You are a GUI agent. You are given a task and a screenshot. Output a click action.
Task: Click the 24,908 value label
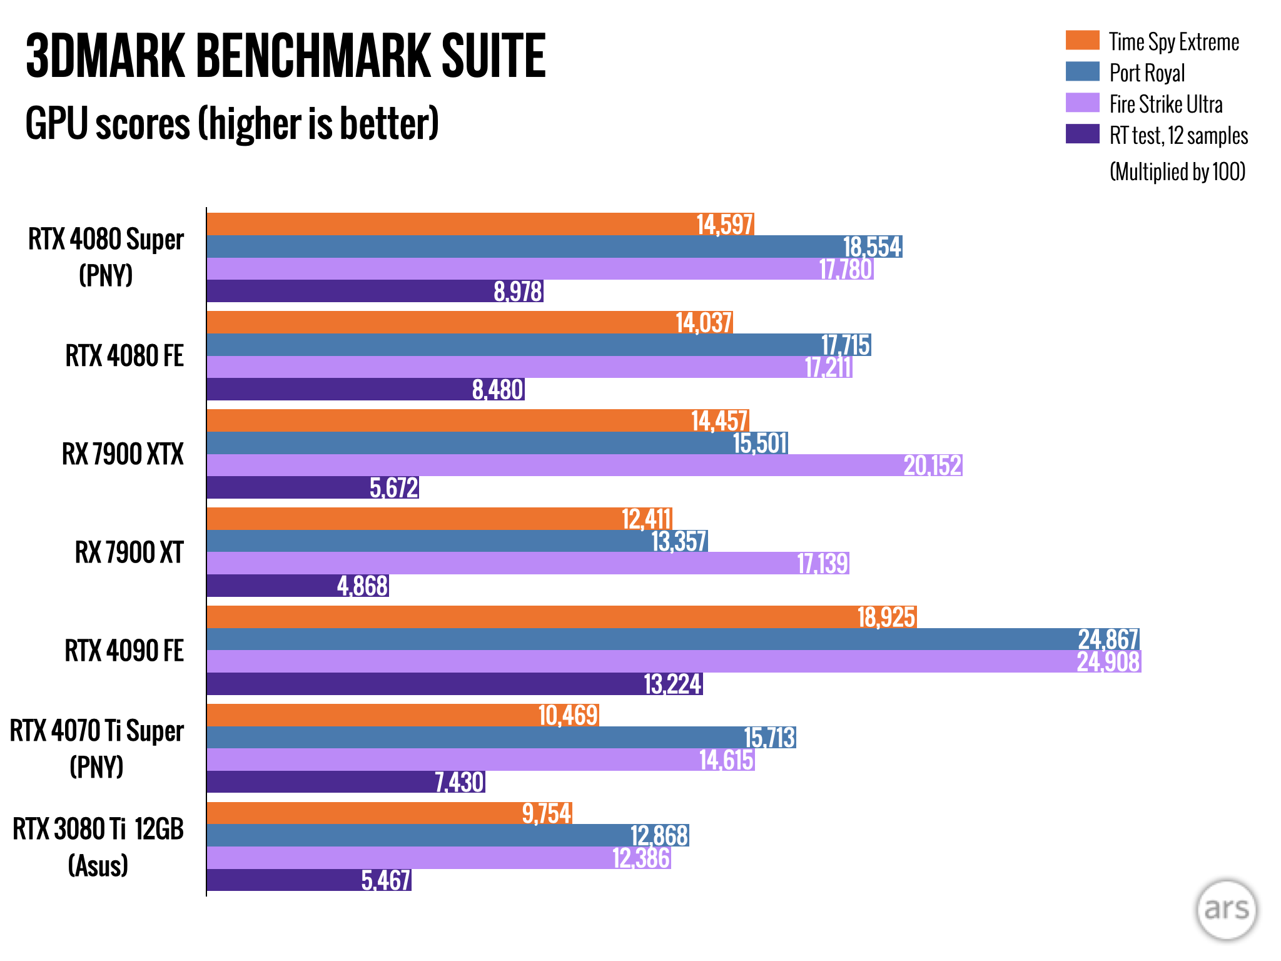[x=1108, y=662]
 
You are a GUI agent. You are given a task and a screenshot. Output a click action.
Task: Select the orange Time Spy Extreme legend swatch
[x=1082, y=41]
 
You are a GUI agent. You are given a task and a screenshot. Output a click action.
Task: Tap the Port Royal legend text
[x=1147, y=73]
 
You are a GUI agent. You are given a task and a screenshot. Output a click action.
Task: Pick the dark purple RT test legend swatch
[x=1082, y=134]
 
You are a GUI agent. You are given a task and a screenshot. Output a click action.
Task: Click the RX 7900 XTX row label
[x=123, y=454]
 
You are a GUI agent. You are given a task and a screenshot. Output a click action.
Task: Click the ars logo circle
[x=1226, y=910]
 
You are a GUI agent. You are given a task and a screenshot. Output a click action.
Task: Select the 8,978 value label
[x=517, y=292]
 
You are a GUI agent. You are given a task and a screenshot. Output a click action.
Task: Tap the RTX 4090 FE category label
[x=124, y=651]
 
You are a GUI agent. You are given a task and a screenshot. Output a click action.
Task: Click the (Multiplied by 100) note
[x=1177, y=171]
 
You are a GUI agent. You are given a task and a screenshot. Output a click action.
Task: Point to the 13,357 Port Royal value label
[x=679, y=542]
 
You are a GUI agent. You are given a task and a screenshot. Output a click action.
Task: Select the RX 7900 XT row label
[x=129, y=552]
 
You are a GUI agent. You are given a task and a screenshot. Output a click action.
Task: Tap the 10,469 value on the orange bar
[x=568, y=715]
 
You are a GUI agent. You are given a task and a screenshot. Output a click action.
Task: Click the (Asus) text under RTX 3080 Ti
[x=98, y=866]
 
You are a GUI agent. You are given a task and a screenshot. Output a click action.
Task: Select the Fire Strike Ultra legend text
[x=1165, y=104]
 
